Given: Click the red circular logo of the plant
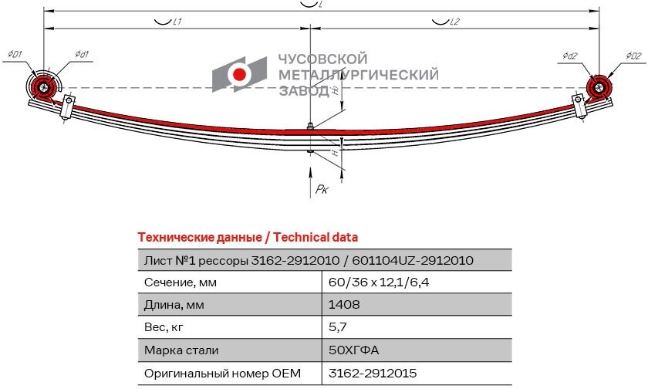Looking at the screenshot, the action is pos(240,74).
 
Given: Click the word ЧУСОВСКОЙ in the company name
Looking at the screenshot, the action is pos(322,59).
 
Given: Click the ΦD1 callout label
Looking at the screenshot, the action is pos(15,54).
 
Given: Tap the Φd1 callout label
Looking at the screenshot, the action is pos(83,54).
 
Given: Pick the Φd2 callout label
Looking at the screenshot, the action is pos(570,56).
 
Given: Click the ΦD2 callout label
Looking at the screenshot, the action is pos(633,56).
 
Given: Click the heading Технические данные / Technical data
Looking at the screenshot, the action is pos(247,237).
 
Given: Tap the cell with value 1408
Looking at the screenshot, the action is pos(344,304).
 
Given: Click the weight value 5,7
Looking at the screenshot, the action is pos(336,327).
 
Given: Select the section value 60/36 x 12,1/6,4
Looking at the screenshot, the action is pos(378,282).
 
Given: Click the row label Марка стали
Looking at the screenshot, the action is pos(181,350).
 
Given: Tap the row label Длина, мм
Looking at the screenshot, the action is pos(174,304).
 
